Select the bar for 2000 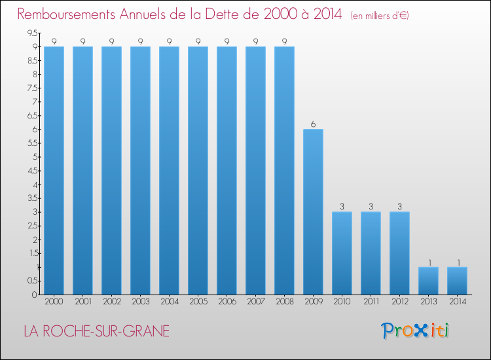(54, 170)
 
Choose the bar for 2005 (198, 170)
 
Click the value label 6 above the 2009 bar (313, 124)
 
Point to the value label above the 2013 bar (428, 262)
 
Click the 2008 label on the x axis (284, 302)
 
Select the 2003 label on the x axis (140, 302)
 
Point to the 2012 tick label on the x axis (399, 302)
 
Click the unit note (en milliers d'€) (380, 16)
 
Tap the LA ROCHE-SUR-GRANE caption (96, 331)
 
